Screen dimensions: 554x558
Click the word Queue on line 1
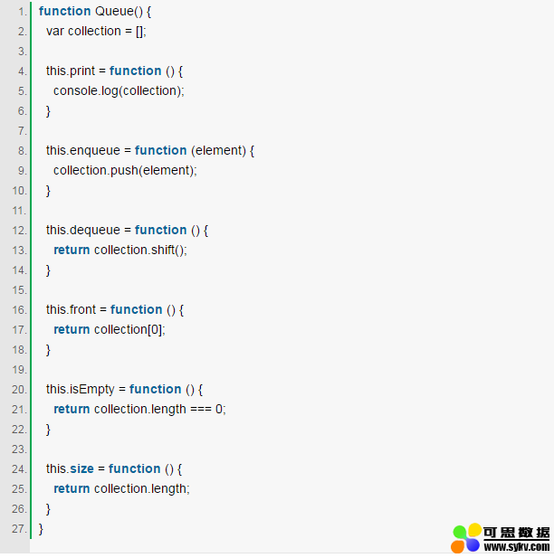pyautogui.click(x=114, y=12)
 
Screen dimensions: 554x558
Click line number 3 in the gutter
pyautogui.click(x=23, y=52)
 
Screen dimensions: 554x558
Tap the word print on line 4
pyautogui.click(x=82, y=71)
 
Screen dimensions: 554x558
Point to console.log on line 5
pyautogui.click(x=85, y=91)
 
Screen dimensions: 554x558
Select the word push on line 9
pyautogui.click(x=124, y=170)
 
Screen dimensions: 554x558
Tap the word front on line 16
pyautogui.click(x=83, y=309)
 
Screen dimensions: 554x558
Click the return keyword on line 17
pyautogui.click(x=72, y=329)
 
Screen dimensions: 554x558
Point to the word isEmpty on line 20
pyautogui.click(x=92, y=389)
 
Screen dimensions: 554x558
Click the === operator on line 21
pyautogui.click(x=201, y=410)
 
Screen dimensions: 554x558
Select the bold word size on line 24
pyautogui.click(x=81, y=469)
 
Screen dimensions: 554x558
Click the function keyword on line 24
pyautogui.click(x=134, y=468)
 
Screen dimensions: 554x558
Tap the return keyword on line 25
pyautogui.click(x=72, y=489)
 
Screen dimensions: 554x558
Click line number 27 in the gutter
pyautogui.click(x=20, y=529)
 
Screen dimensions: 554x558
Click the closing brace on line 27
pyautogui.click(x=41, y=530)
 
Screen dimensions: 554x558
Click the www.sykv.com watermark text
pyautogui.click(x=517, y=546)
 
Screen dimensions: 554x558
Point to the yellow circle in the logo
pyautogui.click(x=474, y=530)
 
